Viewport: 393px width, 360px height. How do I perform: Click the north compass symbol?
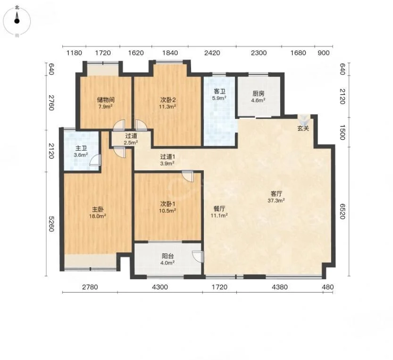pyautogui.click(x=17, y=21)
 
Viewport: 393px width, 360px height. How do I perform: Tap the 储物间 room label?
pyautogui.click(x=106, y=100)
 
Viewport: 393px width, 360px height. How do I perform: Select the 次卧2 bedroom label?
pyautogui.click(x=167, y=100)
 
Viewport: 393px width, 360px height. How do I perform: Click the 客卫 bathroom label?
pyautogui.click(x=219, y=91)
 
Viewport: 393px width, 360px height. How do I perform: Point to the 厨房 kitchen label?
pyautogui.click(x=259, y=93)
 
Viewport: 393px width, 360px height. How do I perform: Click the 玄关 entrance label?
pyautogui.click(x=303, y=128)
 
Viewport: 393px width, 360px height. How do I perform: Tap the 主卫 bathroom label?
pyautogui.click(x=81, y=148)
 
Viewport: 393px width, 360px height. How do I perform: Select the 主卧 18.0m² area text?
pyautogui.click(x=98, y=216)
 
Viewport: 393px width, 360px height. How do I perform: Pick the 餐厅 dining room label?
pyautogui.click(x=219, y=209)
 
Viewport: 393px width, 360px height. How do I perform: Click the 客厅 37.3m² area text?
pyautogui.click(x=276, y=201)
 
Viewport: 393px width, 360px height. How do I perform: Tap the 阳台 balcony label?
pyautogui.click(x=167, y=256)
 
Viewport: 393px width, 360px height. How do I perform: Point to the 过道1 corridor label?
pyautogui.click(x=167, y=157)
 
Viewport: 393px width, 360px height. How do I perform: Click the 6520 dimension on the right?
pyautogui.click(x=342, y=211)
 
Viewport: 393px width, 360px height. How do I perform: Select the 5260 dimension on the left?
pyautogui.click(x=51, y=224)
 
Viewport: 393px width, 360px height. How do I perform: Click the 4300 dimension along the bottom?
pyautogui.click(x=160, y=287)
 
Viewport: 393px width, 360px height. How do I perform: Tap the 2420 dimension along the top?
pyautogui.click(x=212, y=53)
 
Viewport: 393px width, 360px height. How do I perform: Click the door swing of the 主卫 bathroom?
pyautogui.click(x=95, y=160)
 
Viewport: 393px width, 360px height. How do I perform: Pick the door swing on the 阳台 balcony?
pyautogui.click(x=198, y=257)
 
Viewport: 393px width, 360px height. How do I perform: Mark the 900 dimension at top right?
pyautogui.click(x=324, y=53)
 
